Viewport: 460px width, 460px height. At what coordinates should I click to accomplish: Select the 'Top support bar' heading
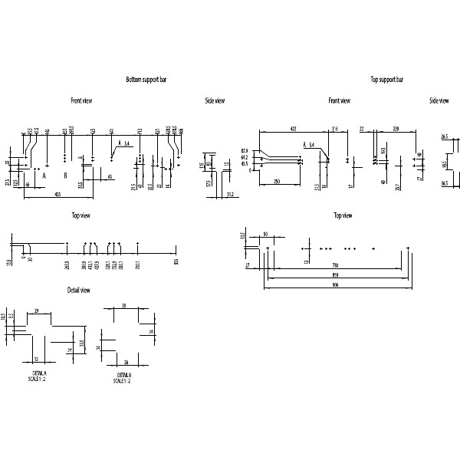386,80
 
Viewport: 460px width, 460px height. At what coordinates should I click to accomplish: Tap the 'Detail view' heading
80,290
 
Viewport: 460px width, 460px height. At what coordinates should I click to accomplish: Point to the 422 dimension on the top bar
291,127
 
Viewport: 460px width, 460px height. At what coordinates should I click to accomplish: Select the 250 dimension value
277,182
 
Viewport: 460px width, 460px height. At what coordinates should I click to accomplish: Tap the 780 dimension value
334,265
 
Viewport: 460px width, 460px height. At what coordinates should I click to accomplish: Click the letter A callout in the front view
44,176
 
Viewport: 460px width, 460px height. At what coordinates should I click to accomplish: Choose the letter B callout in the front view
66,176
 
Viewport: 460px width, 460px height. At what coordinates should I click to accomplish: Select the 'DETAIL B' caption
122,376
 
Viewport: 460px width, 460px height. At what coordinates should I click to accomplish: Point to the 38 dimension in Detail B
123,306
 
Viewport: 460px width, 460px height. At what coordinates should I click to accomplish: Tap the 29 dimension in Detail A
36,311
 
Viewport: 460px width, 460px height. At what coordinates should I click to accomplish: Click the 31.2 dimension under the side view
229,194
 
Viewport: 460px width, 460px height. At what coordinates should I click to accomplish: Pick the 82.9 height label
245,150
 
